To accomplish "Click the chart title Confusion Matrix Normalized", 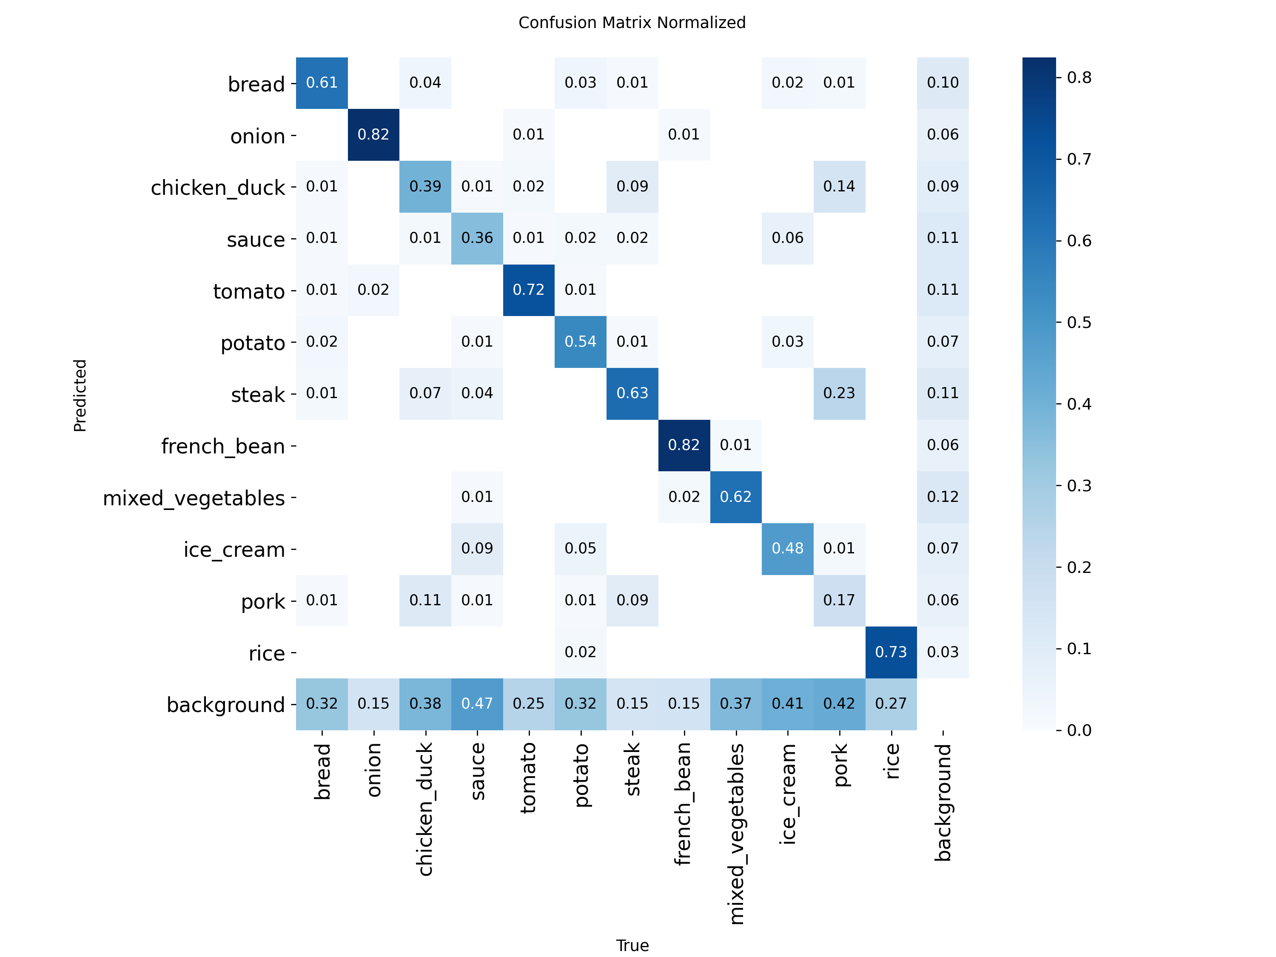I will (x=632, y=23).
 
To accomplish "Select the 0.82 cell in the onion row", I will (x=373, y=134).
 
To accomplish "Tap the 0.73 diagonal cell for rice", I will (x=891, y=652).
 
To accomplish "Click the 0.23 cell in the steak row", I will (x=839, y=393).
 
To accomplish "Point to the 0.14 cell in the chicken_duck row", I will (x=839, y=186).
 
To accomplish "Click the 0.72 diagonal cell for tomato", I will (x=528, y=290).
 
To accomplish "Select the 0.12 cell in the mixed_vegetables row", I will (x=943, y=497).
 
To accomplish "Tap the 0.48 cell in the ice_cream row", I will (x=787, y=549).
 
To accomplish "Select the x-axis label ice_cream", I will (x=787, y=794).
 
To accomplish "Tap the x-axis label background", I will (x=943, y=802).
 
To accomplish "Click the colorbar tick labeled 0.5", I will (x=1078, y=322).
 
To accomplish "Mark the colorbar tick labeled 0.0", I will (x=1078, y=730).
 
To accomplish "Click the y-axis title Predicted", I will (x=80, y=395).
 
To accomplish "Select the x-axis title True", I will (x=632, y=946).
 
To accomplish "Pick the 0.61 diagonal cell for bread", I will (x=321, y=83).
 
